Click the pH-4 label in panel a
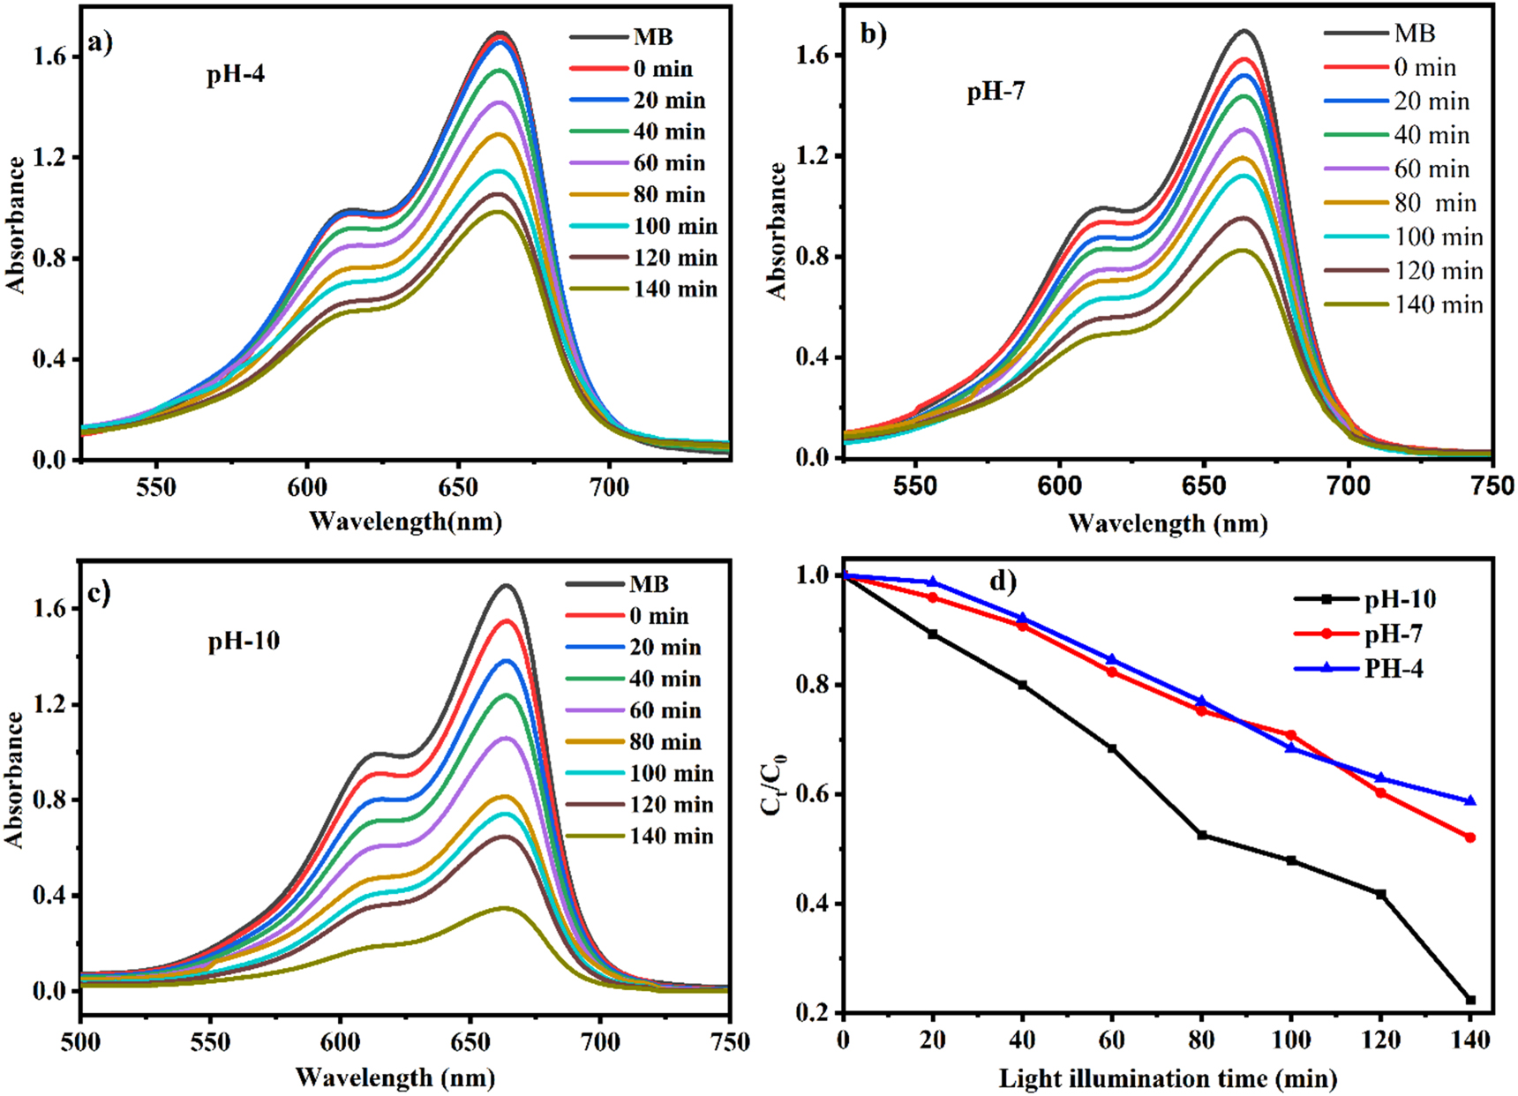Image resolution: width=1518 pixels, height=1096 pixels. coord(236,75)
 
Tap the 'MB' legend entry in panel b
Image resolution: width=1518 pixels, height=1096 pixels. coord(1415,34)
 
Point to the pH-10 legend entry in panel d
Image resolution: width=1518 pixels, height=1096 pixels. coord(1400,600)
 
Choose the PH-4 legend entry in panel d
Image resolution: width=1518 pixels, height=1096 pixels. coord(1394,669)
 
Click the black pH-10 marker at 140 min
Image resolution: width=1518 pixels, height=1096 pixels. coord(1470,1000)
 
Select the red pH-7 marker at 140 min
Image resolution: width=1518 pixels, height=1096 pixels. coord(1470,837)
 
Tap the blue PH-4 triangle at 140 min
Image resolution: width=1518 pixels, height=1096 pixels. coord(1470,801)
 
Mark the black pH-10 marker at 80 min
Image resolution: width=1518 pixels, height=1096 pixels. coord(1201,835)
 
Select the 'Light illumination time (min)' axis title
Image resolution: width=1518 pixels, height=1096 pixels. coord(1168,1078)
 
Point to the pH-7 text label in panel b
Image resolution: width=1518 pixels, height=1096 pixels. coord(996,92)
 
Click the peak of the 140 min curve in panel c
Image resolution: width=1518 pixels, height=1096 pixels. coord(505,908)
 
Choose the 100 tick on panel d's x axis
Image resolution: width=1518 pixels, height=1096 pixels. coord(1291,1040)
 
